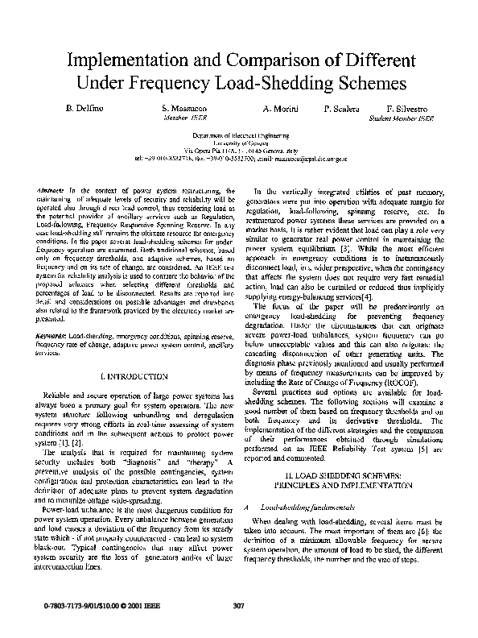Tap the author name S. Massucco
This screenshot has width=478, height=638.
pos(185,108)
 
